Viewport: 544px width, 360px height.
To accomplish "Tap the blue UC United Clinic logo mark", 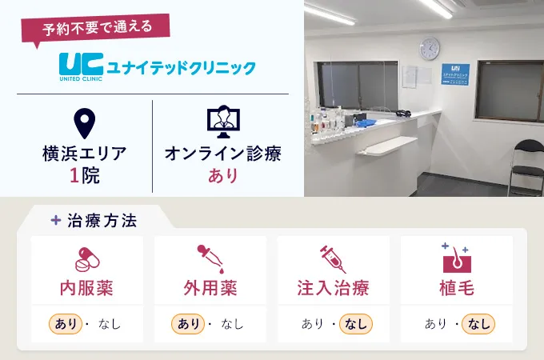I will (x=78, y=65).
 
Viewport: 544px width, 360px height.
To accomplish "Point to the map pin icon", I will (x=84, y=122).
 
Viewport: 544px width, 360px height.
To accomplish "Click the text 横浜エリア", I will (x=84, y=154).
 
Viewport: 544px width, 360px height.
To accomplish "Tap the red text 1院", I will (x=84, y=175).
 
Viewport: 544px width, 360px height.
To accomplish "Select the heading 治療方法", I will (x=107, y=219).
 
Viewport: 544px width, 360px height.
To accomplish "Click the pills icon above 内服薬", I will (x=86, y=259).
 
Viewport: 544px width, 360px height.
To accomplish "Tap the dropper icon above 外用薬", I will (x=210, y=259).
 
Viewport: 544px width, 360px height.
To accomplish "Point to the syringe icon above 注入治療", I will (x=333, y=259).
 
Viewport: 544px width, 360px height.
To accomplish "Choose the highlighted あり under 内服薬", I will (x=66, y=324).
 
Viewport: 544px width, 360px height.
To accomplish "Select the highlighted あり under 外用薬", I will (x=189, y=324).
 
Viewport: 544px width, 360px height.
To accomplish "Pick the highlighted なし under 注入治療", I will (x=355, y=324).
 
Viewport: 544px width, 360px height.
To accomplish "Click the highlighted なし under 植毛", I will (x=478, y=324).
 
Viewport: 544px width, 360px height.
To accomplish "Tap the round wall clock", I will (x=429, y=48).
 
